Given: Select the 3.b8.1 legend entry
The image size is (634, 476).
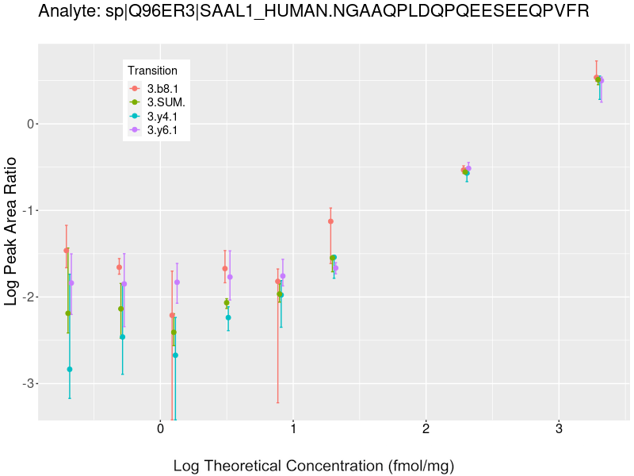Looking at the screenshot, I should click(162, 88).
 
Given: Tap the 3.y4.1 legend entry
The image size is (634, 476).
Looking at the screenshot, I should click(162, 117).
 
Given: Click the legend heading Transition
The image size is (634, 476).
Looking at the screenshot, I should click(152, 71).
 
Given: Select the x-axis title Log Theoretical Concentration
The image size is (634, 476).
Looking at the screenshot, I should click(314, 466).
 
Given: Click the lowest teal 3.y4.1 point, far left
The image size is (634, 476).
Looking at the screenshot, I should click(70, 369).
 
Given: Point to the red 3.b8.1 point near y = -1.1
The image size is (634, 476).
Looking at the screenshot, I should click(330, 221).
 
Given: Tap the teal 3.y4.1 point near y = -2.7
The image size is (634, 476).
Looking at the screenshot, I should click(175, 355).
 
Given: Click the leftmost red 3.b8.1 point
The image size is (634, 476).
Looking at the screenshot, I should click(67, 251).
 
